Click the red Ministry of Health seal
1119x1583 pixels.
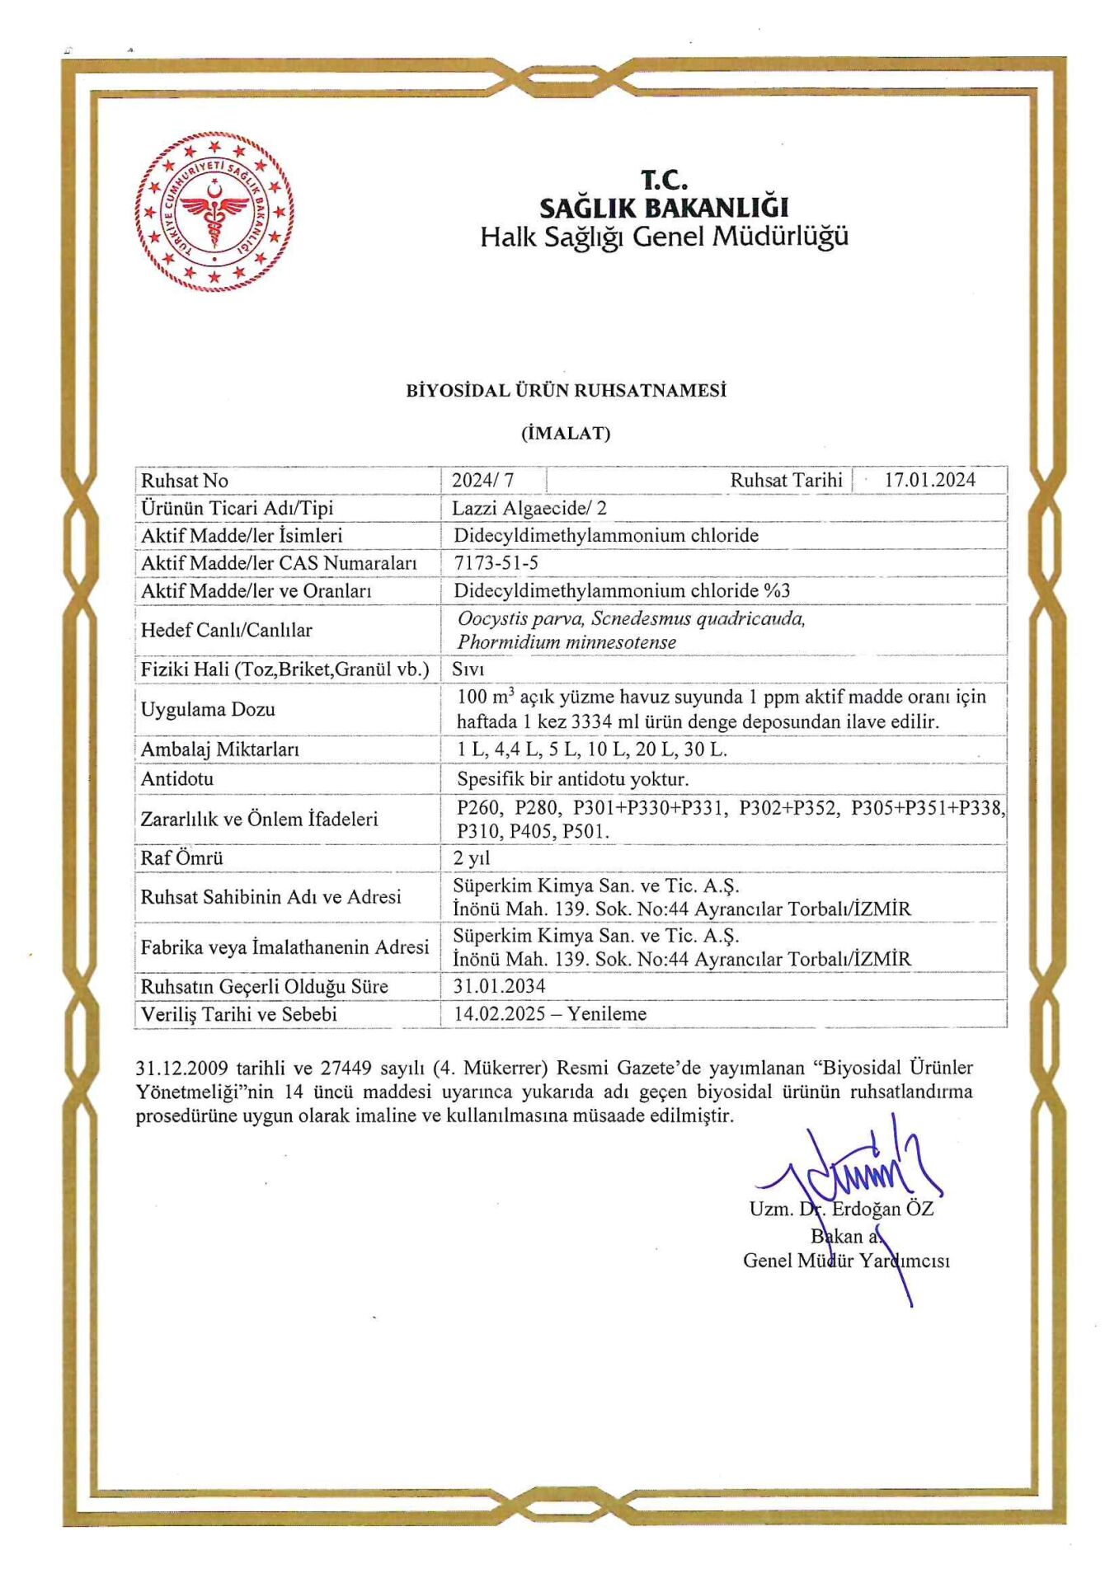214,212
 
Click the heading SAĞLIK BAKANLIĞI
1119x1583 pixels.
664,207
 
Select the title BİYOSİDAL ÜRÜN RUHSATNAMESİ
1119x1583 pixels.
566,391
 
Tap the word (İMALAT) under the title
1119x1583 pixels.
566,434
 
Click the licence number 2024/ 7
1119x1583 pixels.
482,481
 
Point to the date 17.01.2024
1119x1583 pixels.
929,480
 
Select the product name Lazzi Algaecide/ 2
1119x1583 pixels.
529,508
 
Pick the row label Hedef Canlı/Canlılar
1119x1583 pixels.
226,631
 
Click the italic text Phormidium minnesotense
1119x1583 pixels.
567,642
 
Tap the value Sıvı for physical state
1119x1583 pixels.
468,669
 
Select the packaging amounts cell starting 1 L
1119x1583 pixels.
591,749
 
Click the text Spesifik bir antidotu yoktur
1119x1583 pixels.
572,779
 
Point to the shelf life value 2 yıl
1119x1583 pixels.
471,858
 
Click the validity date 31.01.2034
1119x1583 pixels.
499,986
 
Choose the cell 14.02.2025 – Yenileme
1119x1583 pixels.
549,1014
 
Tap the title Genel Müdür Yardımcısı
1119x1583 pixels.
846,1261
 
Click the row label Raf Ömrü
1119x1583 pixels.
181,858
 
